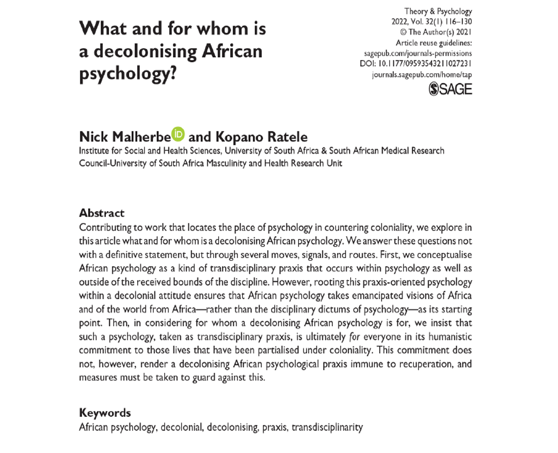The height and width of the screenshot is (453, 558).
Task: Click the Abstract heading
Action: click(x=102, y=213)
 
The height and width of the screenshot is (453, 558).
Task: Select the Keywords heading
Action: click(x=105, y=413)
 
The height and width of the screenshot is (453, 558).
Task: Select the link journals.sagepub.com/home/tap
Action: click(x=422, y=75)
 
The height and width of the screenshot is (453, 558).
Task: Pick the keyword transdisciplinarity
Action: click(x=327, y=427)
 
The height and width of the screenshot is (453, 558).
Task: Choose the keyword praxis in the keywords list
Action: click(x=274, y=427)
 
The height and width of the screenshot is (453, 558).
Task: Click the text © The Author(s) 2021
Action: click(x=435, y=32)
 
